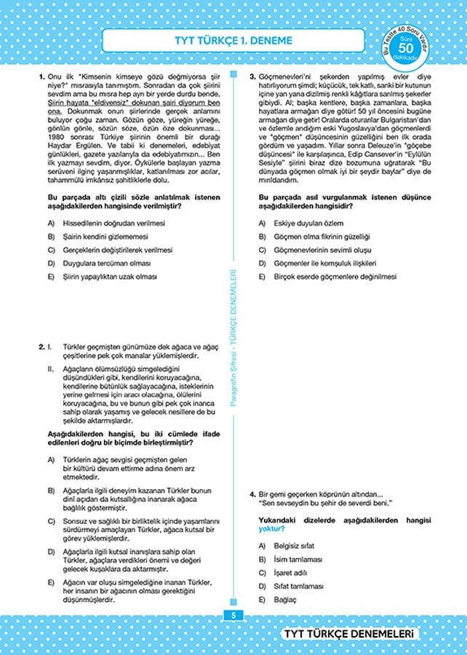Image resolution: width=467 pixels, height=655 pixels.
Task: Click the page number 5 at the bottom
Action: click(233, 615)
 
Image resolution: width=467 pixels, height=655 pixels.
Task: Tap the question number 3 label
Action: click(252, 76)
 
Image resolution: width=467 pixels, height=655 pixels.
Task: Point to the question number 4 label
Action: click(252, 494)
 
